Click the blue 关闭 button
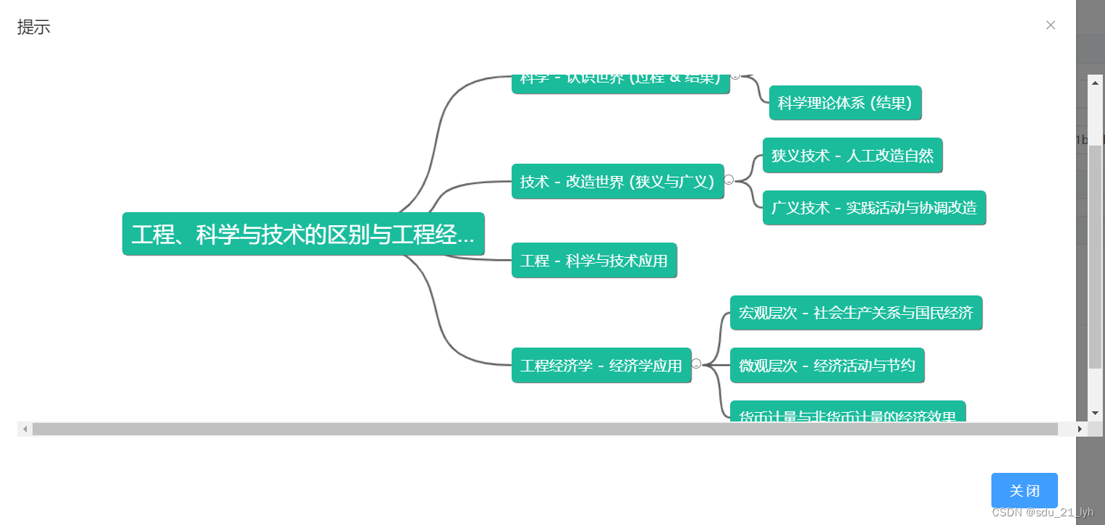(x=1024, y=490)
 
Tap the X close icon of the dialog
(x=1051, y=25)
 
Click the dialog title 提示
(x=34, y=28)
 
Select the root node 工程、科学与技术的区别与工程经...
(x=303, y=234)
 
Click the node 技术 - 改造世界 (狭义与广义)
(x=617, y=181)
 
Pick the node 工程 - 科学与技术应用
(x=594, y=261)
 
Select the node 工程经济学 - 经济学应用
(x=601, y=366)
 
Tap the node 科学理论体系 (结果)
(x=845, y=103)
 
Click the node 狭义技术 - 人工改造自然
(x=852, y=155)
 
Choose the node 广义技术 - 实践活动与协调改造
(x=874, y=208)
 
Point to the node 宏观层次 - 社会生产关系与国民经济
(x=856, y=313)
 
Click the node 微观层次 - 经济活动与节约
(x=827, y=366)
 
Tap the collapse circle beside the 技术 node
(x=729, y=180)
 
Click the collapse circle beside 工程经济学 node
(x=696, y=364)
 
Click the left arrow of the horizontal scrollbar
(x=25, y=429)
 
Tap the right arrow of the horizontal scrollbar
(x=1080, y=429)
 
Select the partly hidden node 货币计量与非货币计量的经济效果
(x=847, y=414)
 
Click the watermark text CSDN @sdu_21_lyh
(x=1043, y=513)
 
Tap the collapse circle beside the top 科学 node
(x=735, y=75)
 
